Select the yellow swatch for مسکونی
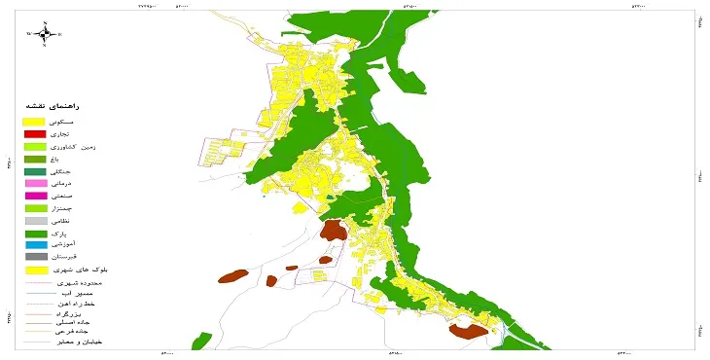35,120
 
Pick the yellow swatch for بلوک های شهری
35,270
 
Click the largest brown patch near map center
336,231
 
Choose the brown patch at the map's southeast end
468,331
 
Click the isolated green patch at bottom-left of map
201,342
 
